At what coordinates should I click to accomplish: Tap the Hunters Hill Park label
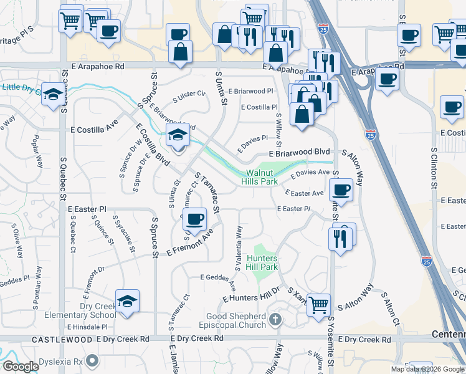pyautogui.click(x=262, y=262)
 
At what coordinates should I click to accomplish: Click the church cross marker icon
pyautogui.click(x=275, y=320)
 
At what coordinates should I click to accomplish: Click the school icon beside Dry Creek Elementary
pyautogui.click(x=127, y=302)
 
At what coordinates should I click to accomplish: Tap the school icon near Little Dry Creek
pyautogui.click(x=53, y=95)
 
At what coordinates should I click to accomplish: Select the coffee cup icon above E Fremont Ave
pyautogui.click(x=196, y=219)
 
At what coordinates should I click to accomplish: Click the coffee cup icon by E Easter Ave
pyautogui.click(x=341, y=189)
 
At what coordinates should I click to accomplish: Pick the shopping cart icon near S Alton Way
pyautogui.click(x=318, y=305)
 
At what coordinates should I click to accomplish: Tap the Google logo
pyautogui.click(x=21, y=367)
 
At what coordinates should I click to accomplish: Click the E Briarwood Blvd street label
pyautogui.click(x=299, y=152)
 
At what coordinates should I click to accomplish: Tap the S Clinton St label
pyautogui.click(x=434, y=168)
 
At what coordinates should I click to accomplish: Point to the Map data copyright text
pyautogui.click(x=427, y=369)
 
